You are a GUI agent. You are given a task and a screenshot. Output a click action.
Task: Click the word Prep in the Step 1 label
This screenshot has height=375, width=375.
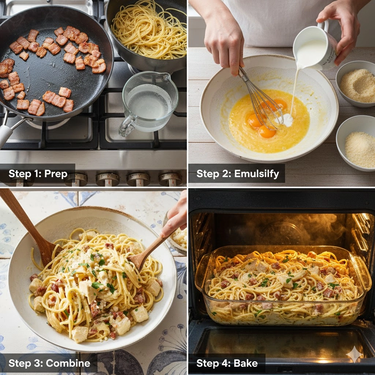pyautogui.click(x=56, y=174)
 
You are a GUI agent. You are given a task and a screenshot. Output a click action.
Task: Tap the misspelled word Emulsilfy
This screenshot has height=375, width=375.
pyautogui.click(x=256, y=174)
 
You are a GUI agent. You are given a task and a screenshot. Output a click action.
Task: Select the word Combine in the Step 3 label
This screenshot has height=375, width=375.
pyautogui.click(x=68, y=363)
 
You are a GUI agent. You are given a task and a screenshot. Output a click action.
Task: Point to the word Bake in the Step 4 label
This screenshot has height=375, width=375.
pyautogui.click(x=246, y=363)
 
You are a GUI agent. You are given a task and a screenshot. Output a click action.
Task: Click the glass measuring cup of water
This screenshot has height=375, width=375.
pyautogui.click(x=148, y=103)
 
